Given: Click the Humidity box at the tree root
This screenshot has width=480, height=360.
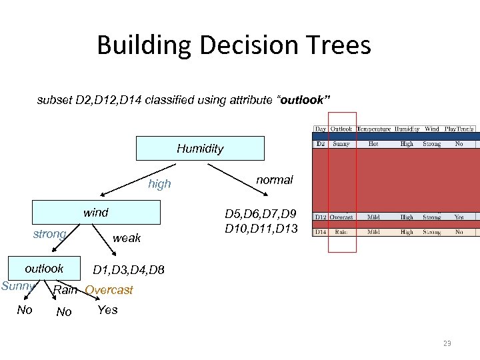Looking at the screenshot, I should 200,149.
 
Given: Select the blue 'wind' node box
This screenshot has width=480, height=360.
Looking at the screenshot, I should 97,213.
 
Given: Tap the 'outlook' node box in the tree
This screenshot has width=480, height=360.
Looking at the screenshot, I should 44,268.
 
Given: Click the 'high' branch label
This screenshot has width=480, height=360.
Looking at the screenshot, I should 159,184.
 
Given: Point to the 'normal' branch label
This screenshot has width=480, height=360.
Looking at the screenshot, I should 275,180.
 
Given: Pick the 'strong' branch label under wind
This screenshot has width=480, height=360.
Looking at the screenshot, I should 49,234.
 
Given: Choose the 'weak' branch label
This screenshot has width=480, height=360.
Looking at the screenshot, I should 127,238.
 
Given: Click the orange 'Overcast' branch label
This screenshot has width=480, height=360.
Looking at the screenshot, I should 109,290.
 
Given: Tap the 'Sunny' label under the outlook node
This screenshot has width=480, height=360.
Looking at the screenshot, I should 18,287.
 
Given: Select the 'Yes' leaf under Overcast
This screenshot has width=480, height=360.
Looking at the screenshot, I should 107,310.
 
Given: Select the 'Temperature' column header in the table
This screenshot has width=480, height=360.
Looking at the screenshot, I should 373,129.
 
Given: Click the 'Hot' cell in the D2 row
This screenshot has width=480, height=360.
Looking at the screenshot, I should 373,143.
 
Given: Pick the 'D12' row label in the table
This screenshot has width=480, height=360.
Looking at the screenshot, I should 321,217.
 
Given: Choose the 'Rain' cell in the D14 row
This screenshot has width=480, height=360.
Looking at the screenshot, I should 341,232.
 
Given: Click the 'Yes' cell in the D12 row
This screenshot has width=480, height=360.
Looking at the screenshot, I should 459,217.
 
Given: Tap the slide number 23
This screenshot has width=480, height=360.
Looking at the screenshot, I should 447,343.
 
